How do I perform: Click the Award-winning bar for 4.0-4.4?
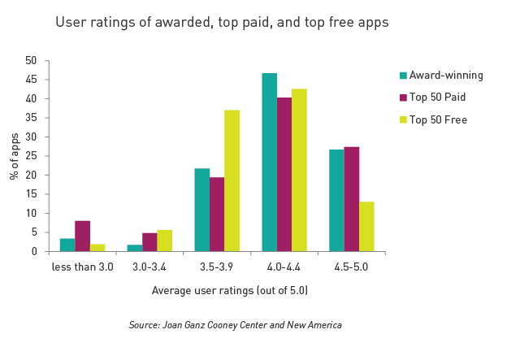269,163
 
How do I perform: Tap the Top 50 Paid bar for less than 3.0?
82,236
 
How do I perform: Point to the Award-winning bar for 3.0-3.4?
135,248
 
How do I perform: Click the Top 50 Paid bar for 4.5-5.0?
351,199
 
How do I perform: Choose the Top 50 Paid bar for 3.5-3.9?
217,215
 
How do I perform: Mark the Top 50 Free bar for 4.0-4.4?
299,170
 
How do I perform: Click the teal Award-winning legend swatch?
403,76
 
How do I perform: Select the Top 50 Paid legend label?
439,98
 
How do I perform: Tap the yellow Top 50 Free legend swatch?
403,120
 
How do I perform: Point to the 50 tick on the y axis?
32,61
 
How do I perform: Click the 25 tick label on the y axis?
32,156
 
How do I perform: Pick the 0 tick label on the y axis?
34,251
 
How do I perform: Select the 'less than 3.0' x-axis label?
82,266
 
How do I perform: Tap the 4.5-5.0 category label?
351,266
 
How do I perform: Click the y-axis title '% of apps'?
15,155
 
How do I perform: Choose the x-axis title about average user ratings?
230,290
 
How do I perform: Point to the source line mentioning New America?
235,325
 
